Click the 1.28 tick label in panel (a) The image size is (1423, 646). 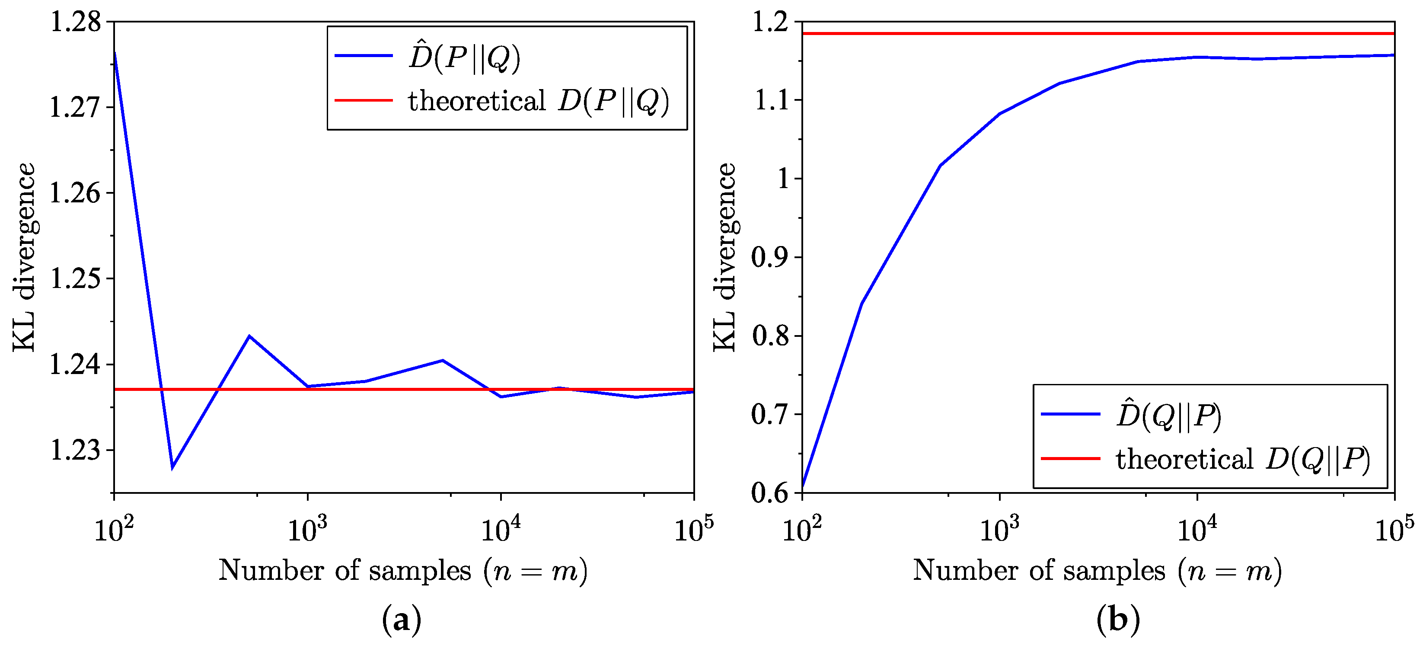pos(76,22)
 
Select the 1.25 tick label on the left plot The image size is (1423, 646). pos(76,278)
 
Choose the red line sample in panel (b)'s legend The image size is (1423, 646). pos(1070,458)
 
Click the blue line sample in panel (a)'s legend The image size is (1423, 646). pos(364,56)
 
